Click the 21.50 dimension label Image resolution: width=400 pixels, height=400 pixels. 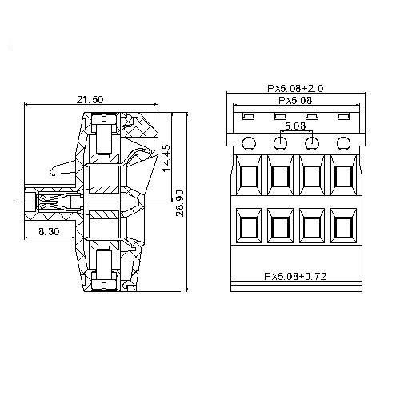tap(89, 99)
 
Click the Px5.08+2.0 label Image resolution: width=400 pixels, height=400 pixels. tap(295, 89)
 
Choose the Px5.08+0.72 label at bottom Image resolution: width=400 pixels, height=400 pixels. tap(295, 276)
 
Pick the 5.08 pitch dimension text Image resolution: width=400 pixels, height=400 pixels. tap(295, 126)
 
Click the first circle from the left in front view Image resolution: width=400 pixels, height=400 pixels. tap(248, 143)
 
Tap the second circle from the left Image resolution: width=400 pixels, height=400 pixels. tap(280, 143)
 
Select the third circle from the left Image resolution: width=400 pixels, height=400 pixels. tap(311, 143)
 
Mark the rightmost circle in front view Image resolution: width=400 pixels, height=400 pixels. tap(342, 143)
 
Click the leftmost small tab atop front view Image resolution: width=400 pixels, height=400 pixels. tap(248, 117)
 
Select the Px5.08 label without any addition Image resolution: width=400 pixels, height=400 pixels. tap(295, 102)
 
